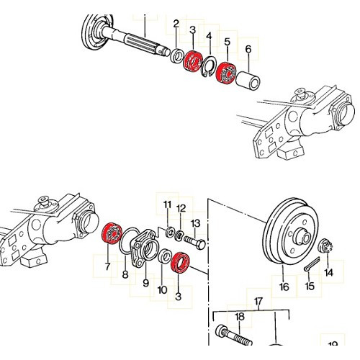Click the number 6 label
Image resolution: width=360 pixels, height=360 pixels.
tap(248, 50)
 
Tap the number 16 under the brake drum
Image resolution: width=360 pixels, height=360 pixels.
tap(284, 286)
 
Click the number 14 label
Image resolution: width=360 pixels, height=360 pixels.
tap(329, 273)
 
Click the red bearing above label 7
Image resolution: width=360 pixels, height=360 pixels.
tap(112, 233)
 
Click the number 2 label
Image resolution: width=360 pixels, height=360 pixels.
tap(176, 25)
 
